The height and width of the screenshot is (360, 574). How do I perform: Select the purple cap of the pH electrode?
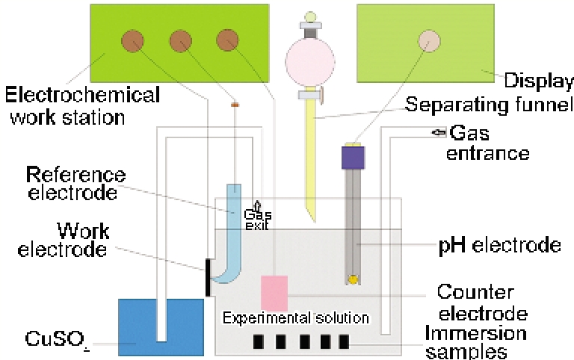pyautogui.click(x=353, y=156)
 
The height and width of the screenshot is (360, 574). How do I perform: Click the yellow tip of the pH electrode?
pyautogui.click(x=352, y=279)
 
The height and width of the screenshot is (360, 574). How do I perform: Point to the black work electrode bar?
pyautogui.click(x=207, y=277)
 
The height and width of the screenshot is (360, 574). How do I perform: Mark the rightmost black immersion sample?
pyautogui.click(x=344, y=341)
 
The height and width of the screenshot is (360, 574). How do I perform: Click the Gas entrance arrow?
pyautogui.click(x=439, y=133)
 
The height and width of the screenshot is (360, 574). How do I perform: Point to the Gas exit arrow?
pyautogui.click(x=259, y=205)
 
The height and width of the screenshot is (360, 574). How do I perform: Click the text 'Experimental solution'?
pyautogui.click(x=296, y=318)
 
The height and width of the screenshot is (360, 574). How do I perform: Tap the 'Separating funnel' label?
pyautogui.click(x=490, y=105)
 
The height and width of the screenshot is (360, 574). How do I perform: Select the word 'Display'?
pyautogui.click(x=538, y=81)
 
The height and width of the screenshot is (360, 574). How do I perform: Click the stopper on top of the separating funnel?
pyautogui.click(x=310, y=23)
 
